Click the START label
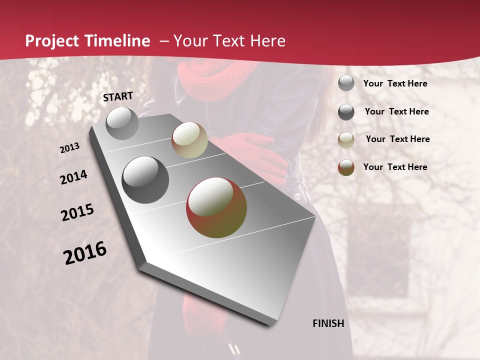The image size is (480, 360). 118,96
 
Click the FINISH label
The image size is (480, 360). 328,323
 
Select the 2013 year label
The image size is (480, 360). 70,148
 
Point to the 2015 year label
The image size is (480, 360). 77,212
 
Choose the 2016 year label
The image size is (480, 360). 85,252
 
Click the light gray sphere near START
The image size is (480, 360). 122,123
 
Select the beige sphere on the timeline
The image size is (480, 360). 189,140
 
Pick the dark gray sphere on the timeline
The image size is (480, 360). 145,180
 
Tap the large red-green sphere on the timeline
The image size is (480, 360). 216,207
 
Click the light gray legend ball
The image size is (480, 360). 346,83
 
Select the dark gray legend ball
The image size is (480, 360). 346,112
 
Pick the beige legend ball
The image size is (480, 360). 346,140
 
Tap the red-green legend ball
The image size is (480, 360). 346,167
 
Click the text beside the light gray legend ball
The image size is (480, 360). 395,83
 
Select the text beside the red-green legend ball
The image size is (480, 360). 395,167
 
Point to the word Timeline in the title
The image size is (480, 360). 117,41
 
